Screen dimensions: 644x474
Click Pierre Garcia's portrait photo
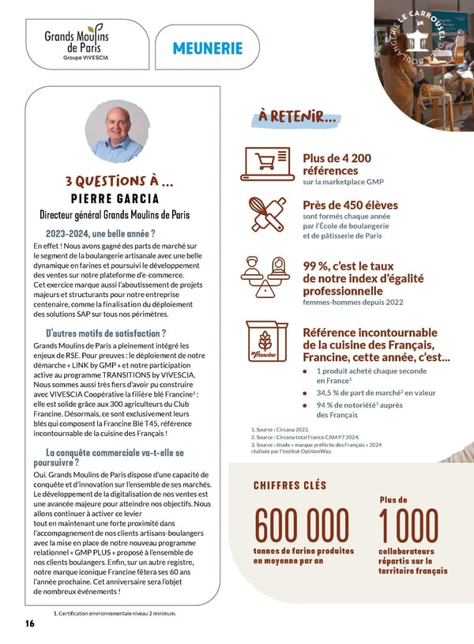[x=117, y=132]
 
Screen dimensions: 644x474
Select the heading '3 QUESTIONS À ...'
[x=120, y=182]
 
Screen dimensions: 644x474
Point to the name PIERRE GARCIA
[x=115, y=198]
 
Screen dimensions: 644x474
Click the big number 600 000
[x=301, y=525]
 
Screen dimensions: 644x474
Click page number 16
[x=29, y=623]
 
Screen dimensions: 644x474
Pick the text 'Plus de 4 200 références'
[x=336, y=164]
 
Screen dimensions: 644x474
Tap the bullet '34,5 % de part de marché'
[x=376, y=392]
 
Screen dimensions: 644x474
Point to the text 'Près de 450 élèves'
[x=350, y=205]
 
